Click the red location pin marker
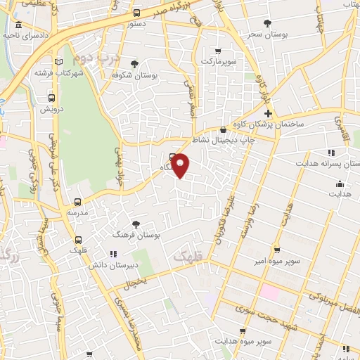pyautogui.click(x=181, y=165)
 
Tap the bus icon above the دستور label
pyautogui.click(x=136, y=13)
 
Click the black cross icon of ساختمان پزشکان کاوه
pyautogui.click(x=267, y=113)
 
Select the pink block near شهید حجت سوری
pyautogui.click(x=271, y=291)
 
